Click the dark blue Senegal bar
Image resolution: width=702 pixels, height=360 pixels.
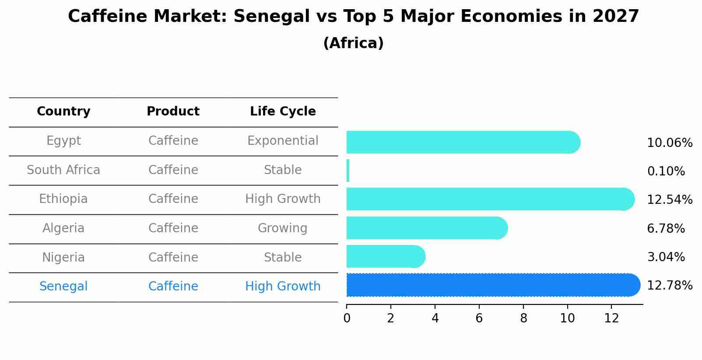[x=492, y=285]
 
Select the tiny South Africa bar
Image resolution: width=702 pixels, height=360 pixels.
[x=348, y=171]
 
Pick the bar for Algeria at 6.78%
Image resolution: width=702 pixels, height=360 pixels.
[x=427, y=228]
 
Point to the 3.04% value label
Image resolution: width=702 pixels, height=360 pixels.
[x=666, y=257]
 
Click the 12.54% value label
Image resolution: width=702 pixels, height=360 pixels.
[x=669, y=200]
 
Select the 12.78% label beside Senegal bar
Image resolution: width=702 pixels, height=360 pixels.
[x=669, y=286]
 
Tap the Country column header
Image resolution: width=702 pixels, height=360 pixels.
[x=63, y=112]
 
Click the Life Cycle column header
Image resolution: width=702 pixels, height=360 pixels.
[x=283, y=112]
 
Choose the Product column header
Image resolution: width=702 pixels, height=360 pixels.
[x=173, y=112]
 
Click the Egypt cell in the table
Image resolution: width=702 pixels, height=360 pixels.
[x=63, y=141]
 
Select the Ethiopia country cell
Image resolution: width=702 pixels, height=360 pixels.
[x=63, y=199]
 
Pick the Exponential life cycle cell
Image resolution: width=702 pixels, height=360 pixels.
[x=283, y=141]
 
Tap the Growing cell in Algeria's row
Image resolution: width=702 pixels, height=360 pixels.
[x=283, y=228]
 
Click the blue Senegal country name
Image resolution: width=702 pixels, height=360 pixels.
[x=63, y=287]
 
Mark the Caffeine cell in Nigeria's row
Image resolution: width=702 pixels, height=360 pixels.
[x=173, y=257]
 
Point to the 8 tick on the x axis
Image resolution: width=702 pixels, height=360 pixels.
[x=523, y=318]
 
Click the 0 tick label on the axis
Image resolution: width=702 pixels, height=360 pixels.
[x=347, y=318]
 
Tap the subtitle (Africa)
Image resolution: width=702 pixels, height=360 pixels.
[x=353, y=43]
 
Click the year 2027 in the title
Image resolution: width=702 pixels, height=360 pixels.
[x=616, y=17]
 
